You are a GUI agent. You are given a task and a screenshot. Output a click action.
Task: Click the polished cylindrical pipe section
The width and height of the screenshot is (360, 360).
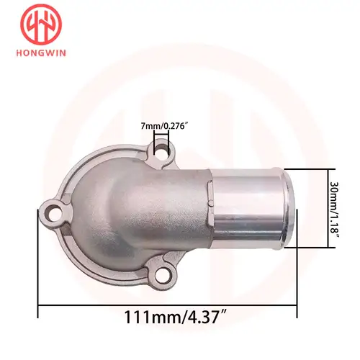point(252,209)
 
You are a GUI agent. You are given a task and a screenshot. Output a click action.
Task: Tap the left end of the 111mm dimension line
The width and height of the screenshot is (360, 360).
point(37,304)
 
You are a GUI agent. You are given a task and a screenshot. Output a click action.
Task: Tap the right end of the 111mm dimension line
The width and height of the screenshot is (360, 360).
point(297,304)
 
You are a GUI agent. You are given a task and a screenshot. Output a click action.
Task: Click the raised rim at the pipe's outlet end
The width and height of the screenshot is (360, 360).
point(289,209)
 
